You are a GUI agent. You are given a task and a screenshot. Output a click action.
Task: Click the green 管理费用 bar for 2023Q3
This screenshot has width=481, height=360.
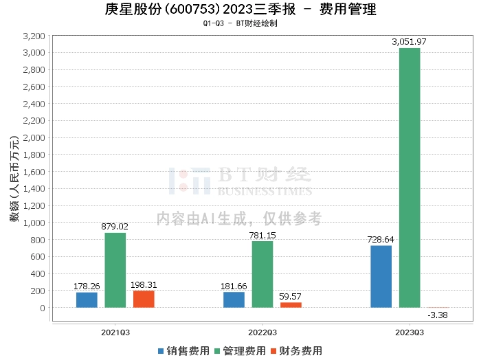[x=410, y=177]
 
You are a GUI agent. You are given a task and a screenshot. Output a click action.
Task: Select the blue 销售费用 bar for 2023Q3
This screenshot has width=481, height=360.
[x=381, y=276]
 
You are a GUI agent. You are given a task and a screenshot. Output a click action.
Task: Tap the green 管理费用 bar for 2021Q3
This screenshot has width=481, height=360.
[x=115, y=270]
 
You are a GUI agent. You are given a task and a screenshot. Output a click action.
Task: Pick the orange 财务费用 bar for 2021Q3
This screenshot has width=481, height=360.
[x=144, y=299]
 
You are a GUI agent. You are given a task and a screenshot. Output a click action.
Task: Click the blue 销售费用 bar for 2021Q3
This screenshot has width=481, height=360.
[x=87, y=300]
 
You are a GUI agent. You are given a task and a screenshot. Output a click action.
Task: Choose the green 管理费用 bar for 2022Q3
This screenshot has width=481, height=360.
[x=262, y=274]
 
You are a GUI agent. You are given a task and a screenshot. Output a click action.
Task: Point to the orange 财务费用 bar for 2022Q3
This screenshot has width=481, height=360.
[x=291, y=304]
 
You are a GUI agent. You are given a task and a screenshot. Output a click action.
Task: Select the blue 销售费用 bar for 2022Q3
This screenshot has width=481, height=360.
[x=234, y=300]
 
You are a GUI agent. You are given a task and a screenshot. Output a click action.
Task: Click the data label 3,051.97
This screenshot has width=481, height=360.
[x=410, y=42]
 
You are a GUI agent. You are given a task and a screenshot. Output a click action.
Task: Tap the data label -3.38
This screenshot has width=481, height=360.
[x=438, y=315]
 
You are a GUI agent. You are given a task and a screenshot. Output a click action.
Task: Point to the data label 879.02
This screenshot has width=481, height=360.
[x=115, y=226]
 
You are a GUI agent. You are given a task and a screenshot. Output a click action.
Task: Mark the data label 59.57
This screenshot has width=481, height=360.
[x=291, y=296]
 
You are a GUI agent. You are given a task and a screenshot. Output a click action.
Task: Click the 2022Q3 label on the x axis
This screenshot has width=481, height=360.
[x=262, y=331]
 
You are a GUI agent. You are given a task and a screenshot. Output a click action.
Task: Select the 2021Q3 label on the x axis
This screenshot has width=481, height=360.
[x=115, y=331]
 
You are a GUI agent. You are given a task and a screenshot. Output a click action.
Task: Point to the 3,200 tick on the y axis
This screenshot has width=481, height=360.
[x=34, y=36]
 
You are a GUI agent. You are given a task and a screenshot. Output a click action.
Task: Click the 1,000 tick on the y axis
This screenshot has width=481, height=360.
[x=34, y=223]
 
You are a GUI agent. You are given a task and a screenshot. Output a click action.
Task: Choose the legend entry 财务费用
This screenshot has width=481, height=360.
[x=298, y=350]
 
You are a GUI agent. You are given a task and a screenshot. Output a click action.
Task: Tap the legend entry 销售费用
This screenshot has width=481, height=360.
[x=184, y=350]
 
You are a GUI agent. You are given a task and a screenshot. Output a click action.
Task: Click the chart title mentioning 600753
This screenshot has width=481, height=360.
[x=240, y=10]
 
